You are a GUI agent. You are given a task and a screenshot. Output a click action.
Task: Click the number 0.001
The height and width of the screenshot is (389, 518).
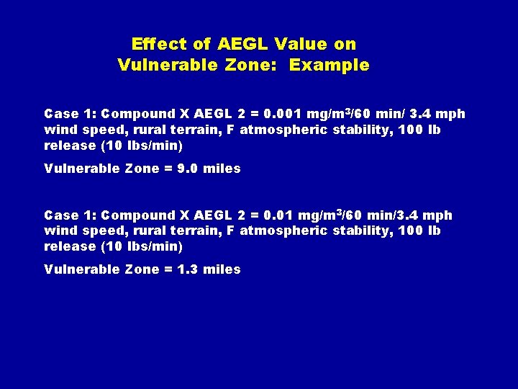pos(283,114)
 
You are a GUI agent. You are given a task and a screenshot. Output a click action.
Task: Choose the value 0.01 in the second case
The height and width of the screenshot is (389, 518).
pos(280,215)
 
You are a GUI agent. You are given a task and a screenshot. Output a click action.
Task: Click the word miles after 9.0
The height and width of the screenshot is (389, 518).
pos(222,169)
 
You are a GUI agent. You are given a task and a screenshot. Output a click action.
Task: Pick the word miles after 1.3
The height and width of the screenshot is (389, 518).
pos(222,269)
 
